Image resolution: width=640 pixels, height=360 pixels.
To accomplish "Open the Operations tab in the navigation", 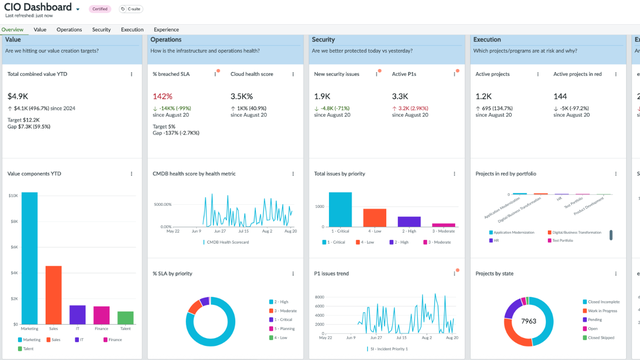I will (69, 30).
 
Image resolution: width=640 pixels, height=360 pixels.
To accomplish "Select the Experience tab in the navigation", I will (166, 30).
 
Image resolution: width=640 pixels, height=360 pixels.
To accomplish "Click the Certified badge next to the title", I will (100, 8).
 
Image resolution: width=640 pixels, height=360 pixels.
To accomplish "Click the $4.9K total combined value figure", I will (19, 97).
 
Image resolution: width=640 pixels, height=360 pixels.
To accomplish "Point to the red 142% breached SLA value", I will (162, 97).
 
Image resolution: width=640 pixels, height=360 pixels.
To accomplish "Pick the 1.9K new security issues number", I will (323, 97).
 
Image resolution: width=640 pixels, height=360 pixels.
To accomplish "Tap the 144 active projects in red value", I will (561, 97).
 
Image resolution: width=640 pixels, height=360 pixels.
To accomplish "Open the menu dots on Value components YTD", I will (132, 174).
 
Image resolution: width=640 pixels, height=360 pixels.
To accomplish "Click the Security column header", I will (323, 40).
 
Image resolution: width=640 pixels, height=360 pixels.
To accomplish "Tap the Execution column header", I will (488, 40).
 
